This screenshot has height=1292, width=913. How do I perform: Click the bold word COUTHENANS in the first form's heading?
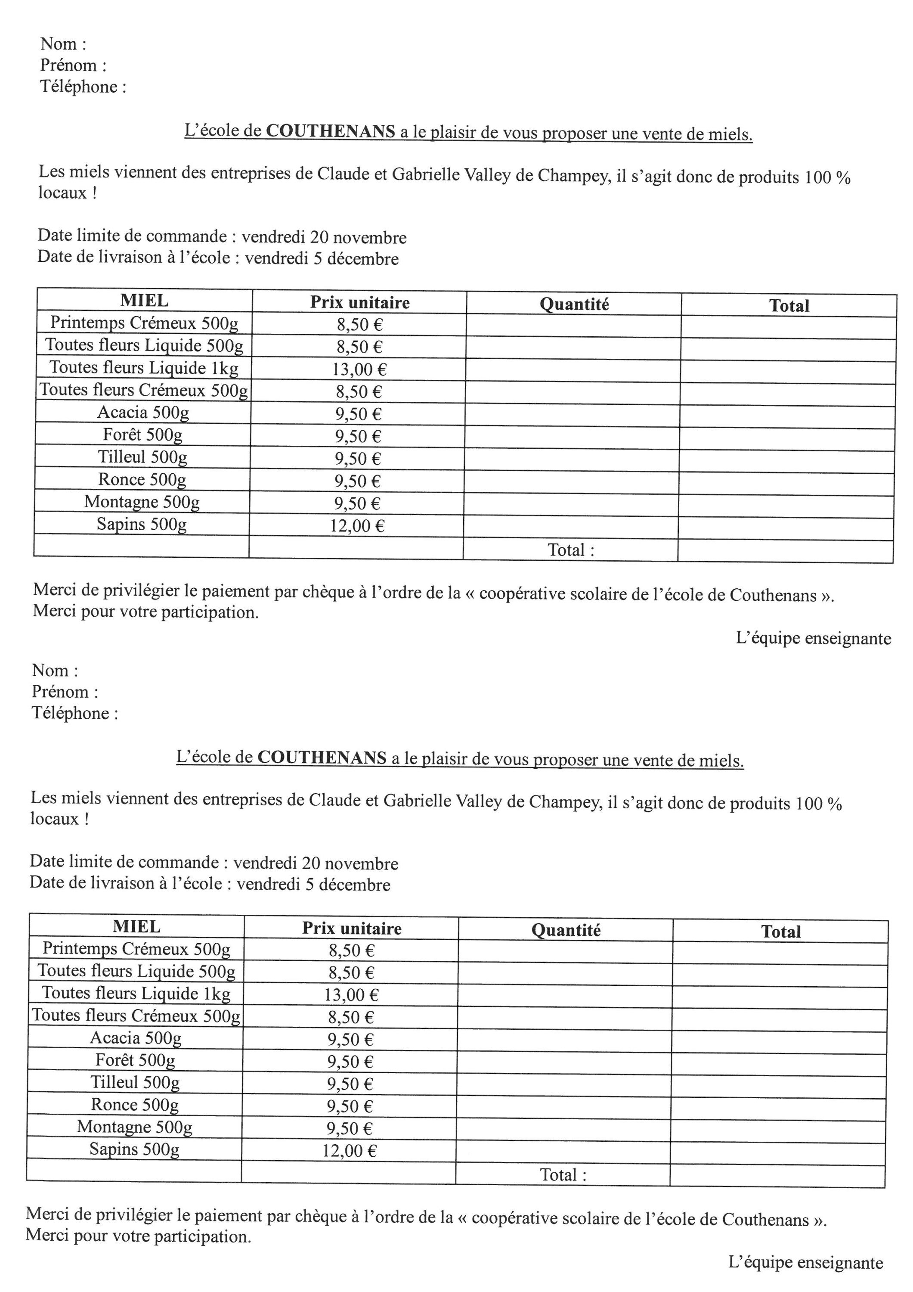(x=330, y=131)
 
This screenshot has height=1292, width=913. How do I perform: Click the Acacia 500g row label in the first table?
(x=143, y=413)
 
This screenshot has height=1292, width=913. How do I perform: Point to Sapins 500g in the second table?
(x=134, y=1149)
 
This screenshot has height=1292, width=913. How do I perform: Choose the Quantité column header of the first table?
(x=574, y=304)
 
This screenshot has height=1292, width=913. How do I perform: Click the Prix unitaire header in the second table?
(x=352, y=928)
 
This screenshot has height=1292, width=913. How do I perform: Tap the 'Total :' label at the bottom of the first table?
(x=570, y=550)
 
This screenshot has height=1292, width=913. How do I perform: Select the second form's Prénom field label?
(x=64, y=692)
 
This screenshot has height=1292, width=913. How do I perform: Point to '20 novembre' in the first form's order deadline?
(x=358, y=237)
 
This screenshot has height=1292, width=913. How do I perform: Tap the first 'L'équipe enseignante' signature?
(x=813, y=638)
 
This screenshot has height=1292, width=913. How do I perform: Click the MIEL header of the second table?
(x=136, y=926)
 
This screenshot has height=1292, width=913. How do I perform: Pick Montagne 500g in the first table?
(x=142, y=502)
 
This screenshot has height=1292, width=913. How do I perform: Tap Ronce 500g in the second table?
(x=134, y=1105)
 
